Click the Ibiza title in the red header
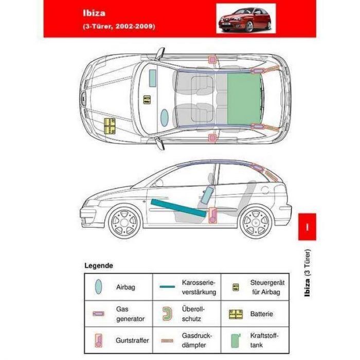(x=94, y=13)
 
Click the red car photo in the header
(x=246, y=19)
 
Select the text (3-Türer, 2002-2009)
(x=119, y=26)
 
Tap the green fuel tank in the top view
(x=244, y=99)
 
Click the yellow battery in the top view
(x=110, y=126)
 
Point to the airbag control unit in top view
(x=147, y=100)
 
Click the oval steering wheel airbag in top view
(x=165, y=118)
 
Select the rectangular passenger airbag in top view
(x=153, y=78)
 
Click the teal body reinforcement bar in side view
(x=178, y=208)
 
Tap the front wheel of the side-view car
(x=124, y=222)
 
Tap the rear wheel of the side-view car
(x=256, y=222)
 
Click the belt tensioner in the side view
(x=212, y=215)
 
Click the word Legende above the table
(x=99, y=266)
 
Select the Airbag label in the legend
(x=125, y=287)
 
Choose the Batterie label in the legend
(x=262, y=314)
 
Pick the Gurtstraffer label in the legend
(x=132, y=340)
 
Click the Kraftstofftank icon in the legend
(x=236, y=340)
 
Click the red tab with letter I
(x=307, y=227)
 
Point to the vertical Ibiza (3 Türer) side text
(x=307, y=273)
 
